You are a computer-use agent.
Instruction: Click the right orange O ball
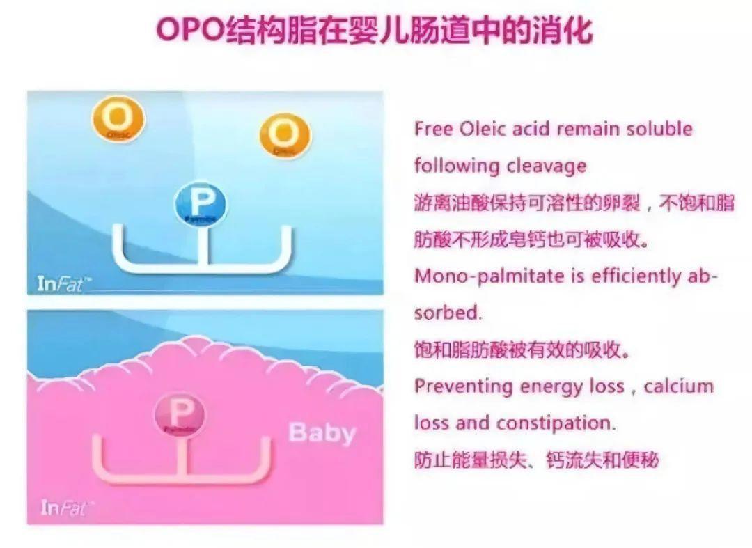(x=285, y=135)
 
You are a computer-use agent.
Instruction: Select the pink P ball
(x=180, y=414)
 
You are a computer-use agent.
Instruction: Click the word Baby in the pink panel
(x=322, y=432)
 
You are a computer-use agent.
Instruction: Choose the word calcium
(x=679, y=386)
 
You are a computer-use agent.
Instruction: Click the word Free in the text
(x=434, y=130)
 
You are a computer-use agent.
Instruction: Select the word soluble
(x=659, y=130)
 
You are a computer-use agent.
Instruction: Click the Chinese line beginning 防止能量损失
(x=536, y=460)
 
